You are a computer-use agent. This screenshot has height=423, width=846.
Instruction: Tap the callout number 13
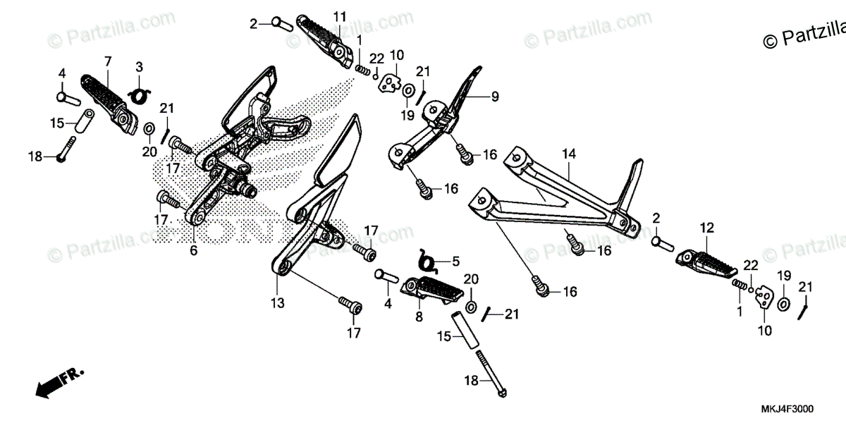coord(277,303)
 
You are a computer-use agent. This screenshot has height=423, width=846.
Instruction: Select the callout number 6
coord(193,250)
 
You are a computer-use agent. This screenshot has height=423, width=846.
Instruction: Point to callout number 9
coord(495,96)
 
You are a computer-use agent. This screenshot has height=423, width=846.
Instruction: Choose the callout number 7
coord(108,61)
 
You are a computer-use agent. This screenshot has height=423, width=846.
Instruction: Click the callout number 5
coord(455,261)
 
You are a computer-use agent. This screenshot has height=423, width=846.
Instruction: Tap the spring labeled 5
coord(426,262)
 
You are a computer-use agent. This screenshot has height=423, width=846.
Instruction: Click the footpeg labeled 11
coord(327,40)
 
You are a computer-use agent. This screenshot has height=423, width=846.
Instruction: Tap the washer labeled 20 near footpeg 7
coord(149,129)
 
